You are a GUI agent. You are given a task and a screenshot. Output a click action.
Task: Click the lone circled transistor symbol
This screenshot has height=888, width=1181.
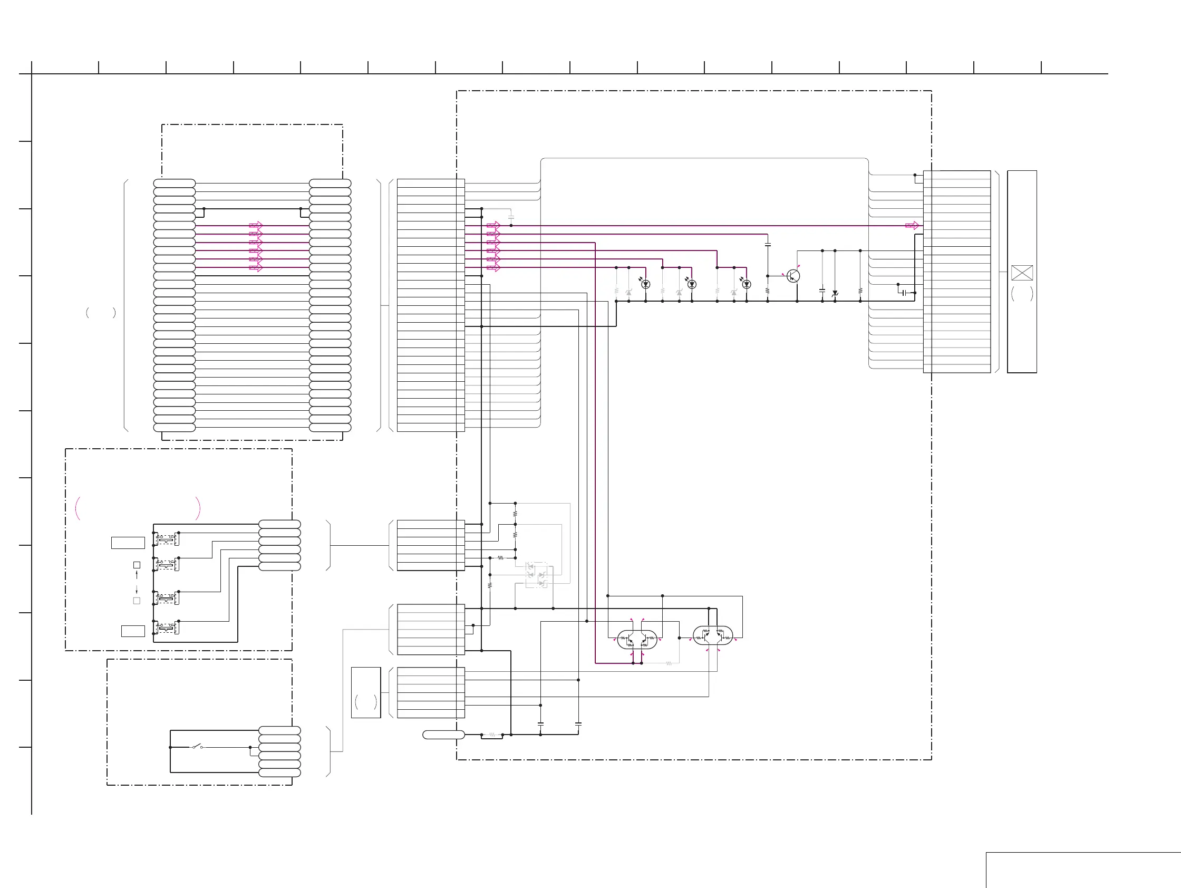793,276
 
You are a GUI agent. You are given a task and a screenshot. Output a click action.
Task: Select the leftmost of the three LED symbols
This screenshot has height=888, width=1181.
645,284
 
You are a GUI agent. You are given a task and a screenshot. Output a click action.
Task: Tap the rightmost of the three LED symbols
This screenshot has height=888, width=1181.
747,284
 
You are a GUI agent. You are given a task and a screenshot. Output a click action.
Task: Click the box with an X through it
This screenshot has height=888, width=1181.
1022,273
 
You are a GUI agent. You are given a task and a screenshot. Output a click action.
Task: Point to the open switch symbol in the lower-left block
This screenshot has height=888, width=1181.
197,747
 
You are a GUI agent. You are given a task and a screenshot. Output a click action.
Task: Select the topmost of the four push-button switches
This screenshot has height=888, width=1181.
166,539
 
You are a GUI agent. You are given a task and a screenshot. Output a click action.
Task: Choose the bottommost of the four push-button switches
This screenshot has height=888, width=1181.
166,628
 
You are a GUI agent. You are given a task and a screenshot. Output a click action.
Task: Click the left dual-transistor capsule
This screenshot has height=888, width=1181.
637,639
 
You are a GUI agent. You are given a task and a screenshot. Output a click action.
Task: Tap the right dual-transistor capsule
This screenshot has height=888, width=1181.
713,635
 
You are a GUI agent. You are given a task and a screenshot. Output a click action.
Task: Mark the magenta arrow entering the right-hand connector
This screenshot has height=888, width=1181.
912,225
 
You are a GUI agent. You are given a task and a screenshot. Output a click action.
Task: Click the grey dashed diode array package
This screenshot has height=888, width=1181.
536,575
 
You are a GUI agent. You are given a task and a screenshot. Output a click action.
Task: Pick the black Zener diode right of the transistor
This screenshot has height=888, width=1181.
835,293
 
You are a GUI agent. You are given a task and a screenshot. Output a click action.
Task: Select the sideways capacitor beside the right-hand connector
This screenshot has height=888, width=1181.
904,293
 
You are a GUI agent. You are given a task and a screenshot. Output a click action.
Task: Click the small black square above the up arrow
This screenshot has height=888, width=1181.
137,565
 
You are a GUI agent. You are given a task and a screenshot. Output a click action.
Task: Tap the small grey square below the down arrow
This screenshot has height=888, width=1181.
137,601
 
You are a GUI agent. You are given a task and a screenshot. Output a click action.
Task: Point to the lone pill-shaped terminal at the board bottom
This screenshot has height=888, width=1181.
443,735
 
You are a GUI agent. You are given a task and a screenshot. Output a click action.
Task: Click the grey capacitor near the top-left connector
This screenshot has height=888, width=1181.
511,217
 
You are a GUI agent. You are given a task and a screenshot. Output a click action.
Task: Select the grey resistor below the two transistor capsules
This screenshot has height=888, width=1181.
669,663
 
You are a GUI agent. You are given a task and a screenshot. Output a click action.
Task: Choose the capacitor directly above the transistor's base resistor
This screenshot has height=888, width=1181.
768,245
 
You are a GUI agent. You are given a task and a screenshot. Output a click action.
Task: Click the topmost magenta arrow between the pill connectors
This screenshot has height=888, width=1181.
256,225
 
